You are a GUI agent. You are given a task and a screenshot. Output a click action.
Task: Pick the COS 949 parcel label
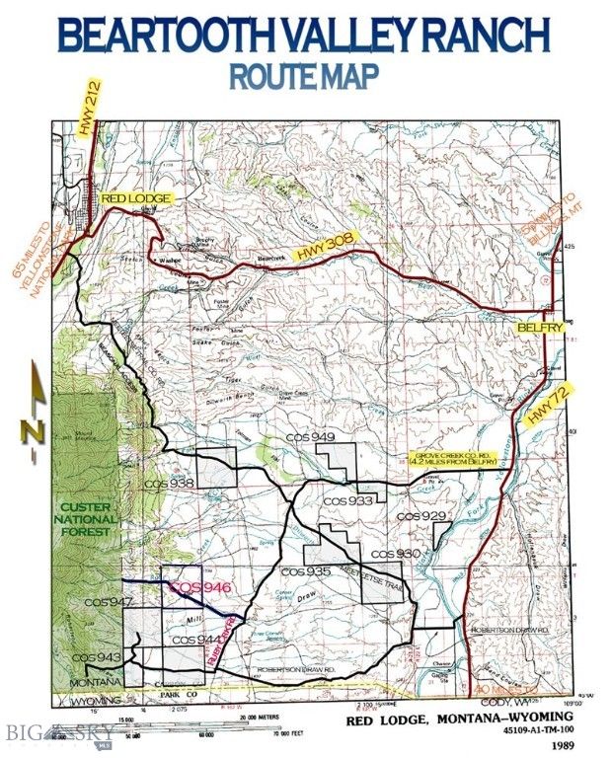click(311, 437)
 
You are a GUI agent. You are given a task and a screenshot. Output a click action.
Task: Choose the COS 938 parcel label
click(168, 484)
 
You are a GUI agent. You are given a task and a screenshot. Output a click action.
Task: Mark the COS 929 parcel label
click(420, 516)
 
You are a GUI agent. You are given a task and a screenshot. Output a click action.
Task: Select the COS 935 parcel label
click(305, 572)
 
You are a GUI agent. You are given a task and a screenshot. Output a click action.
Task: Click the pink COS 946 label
click(200, 587)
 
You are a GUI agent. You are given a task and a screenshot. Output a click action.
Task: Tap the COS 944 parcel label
click(195, 640)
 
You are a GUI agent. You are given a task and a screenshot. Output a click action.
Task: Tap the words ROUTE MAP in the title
click(303, 76)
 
